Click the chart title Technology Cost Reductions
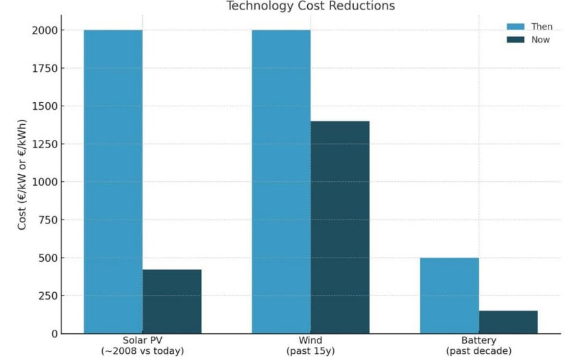[x=311, y=6]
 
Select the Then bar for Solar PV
[x=113, y=182]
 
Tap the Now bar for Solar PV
[x=172, y=302]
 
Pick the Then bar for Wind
[x=281, y=182]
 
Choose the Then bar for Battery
[x=449, y=296]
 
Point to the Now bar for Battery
[x=508, y=322]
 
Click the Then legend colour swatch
[x=516, y=27]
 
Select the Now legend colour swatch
[x=516, y=39]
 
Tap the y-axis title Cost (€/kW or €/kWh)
[x=22, y=182]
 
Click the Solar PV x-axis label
[x=143, y=341]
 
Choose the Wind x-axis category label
[x=311, y=341]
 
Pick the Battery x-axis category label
[x=479, y=341]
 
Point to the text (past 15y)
[x=311, y=351]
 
